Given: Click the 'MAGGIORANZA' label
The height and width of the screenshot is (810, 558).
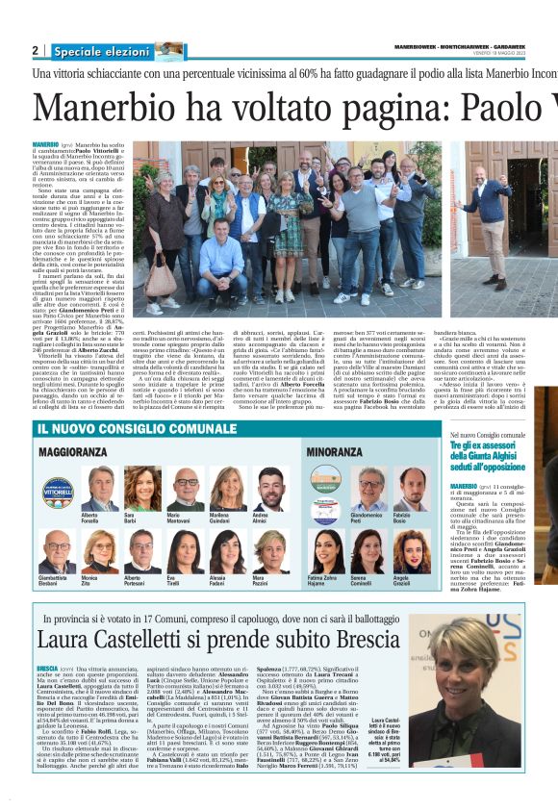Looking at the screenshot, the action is pos(73,451).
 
